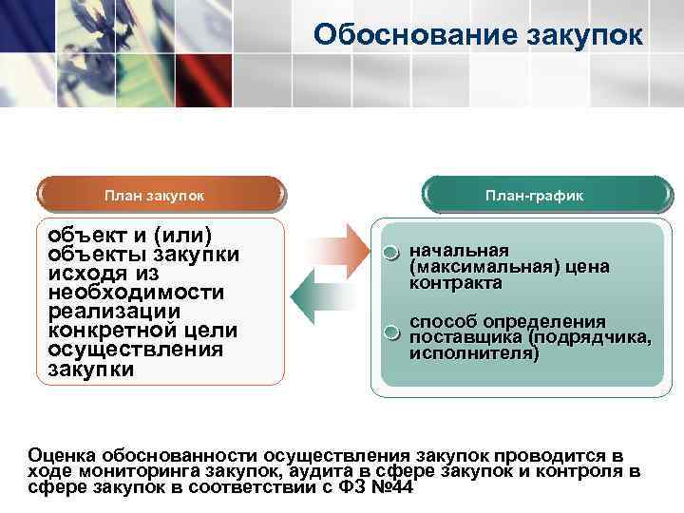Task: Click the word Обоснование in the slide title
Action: coord(410,35)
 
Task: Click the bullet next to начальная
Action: coord(391,254)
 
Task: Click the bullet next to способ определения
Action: coord(391,332)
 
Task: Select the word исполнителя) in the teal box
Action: coord(473,353)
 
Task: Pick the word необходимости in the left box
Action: coord(136,293)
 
